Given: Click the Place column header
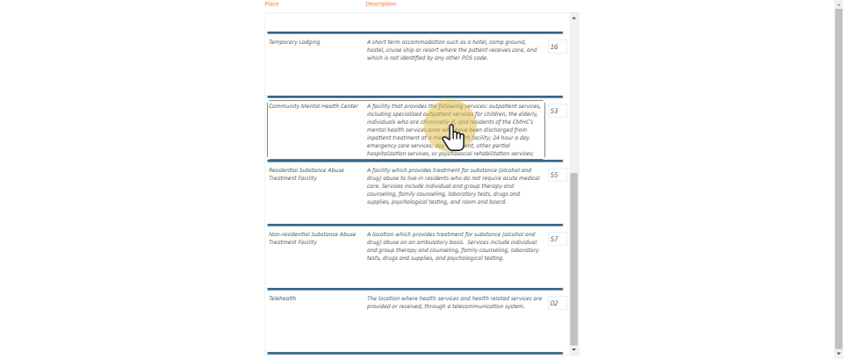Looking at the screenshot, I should (271, 4).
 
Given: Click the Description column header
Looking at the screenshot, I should (380, 4).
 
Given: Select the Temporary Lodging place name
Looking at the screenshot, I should (294, 42).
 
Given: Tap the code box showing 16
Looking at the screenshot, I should (557, 47).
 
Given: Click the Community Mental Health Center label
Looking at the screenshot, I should (313, 106).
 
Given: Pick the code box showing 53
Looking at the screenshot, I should (557, 111).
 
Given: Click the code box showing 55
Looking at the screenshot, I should (557, 175).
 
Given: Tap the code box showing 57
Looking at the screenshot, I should (557, 239).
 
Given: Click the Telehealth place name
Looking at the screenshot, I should (283, 299).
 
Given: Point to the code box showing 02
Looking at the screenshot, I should (557, 303).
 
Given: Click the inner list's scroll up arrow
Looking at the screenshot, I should (574, 18).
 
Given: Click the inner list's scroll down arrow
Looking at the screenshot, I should (574, 349).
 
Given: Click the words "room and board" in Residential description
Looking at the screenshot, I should (486, 202).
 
